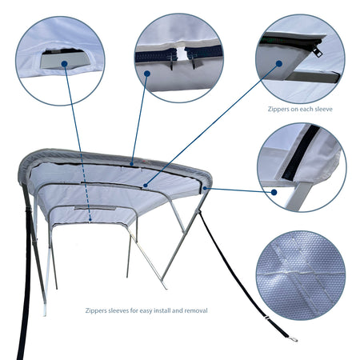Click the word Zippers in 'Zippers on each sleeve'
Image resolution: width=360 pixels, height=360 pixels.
(x=278, y=109)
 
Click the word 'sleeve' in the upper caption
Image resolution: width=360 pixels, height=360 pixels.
(x=323, y=109)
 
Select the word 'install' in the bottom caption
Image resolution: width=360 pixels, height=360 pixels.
(x=162, y=310)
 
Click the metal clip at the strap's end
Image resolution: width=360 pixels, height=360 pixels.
(x=294, y=339)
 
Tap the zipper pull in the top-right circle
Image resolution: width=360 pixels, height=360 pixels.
(x=318, y=51)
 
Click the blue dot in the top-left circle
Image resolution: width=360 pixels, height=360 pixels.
(x=64, y=63)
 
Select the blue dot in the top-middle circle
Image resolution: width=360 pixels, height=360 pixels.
(x=147, y=74)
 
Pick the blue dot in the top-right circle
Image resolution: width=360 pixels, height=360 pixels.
(x=279, y=63)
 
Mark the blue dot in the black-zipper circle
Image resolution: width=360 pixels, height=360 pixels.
(x=274, y=192)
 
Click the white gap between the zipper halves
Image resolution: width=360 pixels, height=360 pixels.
(x=182, y=54)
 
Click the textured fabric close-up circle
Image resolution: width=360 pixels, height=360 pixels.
(x=301, y=275)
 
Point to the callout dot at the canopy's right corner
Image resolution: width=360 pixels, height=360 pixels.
(x=205, y=188)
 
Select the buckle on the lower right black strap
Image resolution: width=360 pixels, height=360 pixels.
(x=266, y=317)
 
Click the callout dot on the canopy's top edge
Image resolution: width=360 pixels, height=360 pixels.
(x=132, y=163)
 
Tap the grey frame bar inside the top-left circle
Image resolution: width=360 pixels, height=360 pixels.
(x=66, y=61)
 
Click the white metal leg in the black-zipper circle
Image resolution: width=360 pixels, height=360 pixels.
(x=298, y=196)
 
